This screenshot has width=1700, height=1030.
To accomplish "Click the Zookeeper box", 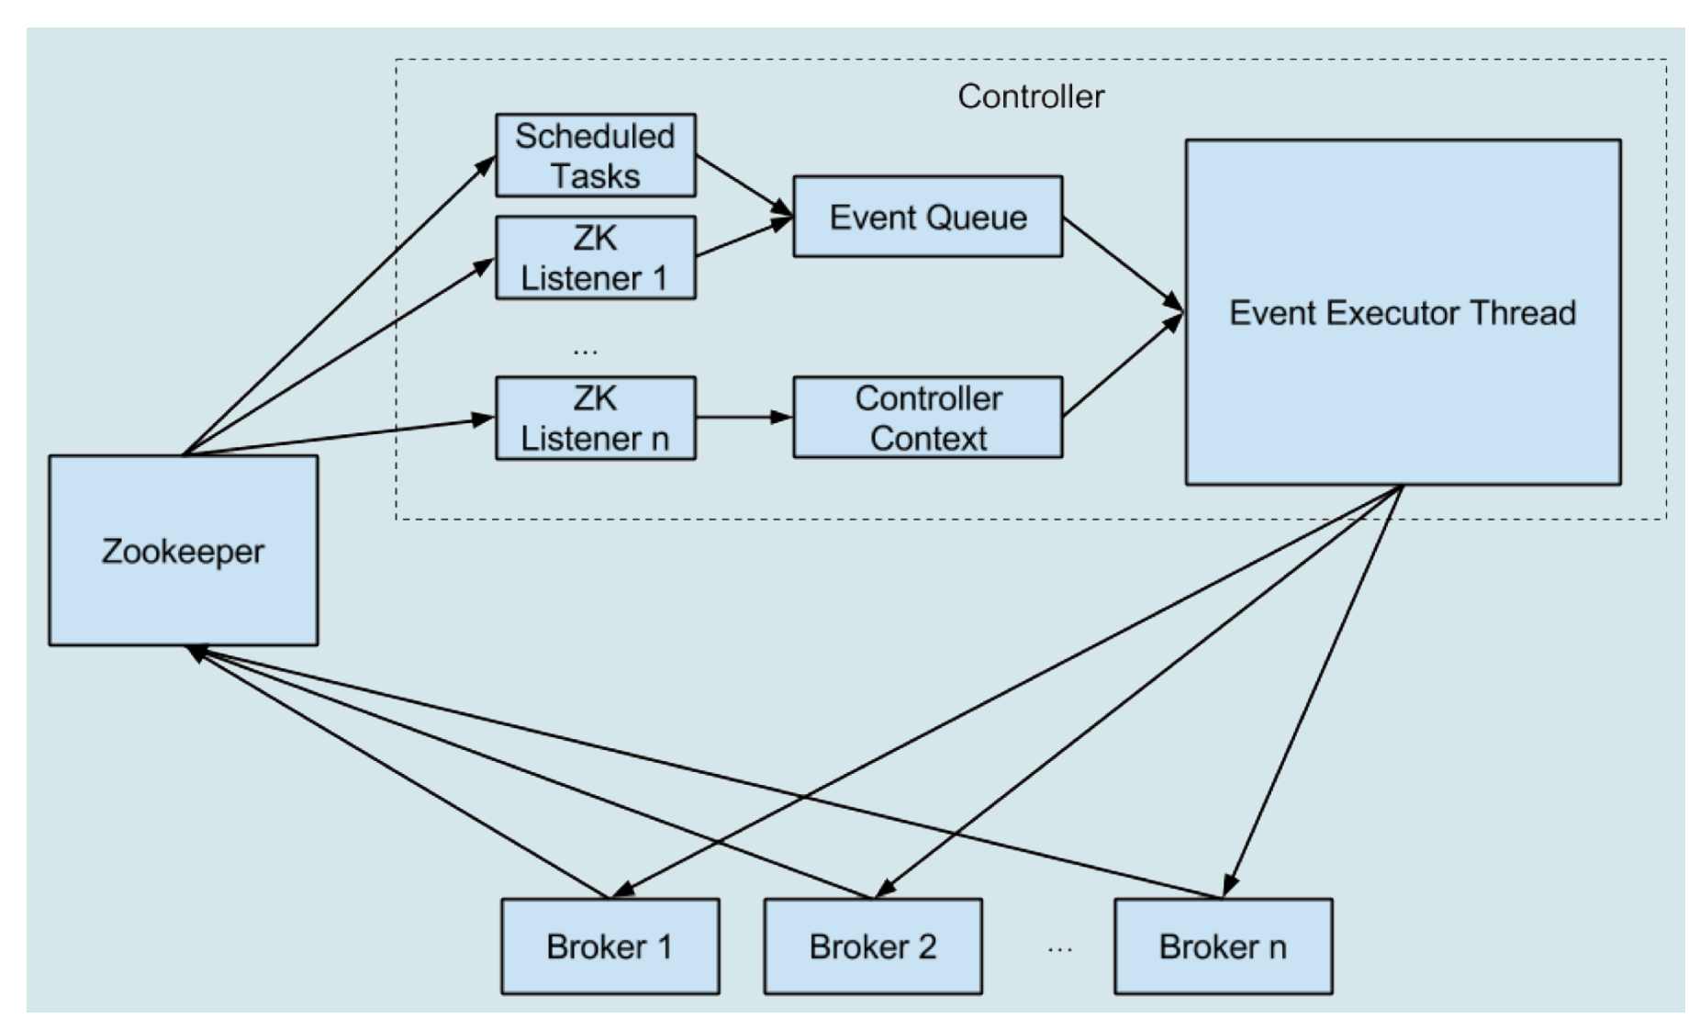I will coord(184,551).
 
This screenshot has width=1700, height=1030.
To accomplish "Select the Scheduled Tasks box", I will coord(595,155).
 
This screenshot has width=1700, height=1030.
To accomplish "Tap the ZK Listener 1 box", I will coord(595,258).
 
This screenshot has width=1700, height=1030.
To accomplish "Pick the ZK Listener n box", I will coord(595,418).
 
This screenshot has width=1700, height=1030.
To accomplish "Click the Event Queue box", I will coord(927,217).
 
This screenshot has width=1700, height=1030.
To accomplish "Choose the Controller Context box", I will coord(927,418).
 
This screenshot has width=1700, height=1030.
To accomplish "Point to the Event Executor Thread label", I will coord(1402,313).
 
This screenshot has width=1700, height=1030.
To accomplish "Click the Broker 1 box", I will coord(610,946).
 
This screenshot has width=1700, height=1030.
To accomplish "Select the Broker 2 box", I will coord(872,946).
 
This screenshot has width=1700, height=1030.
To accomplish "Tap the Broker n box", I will coord(1223,946).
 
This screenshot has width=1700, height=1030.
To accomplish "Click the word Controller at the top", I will coord(1031,96).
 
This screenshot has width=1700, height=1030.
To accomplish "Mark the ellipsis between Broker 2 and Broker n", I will coord(1059,949).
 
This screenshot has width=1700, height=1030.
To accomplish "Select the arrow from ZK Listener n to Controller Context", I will coord(744,418).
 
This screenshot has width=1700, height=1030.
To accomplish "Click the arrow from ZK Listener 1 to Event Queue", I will coord(744,238).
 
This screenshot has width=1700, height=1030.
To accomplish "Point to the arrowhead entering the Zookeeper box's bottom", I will coord(195,652).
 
